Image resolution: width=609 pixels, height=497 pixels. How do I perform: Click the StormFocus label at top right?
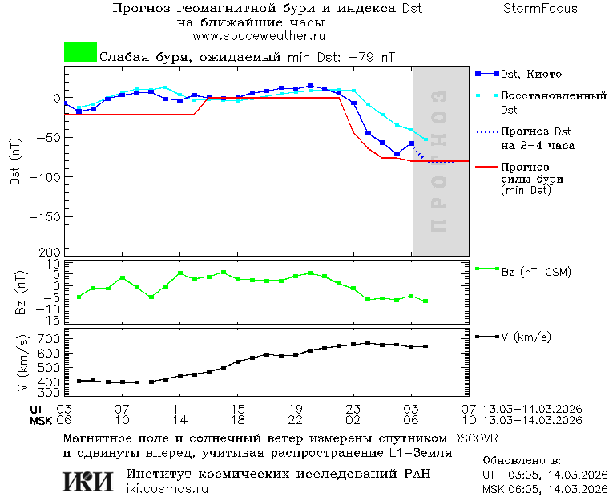[540, 9]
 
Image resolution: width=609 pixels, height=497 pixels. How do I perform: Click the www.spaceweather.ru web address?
[258, 36]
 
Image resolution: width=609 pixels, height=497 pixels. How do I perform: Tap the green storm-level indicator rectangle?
[80, 52]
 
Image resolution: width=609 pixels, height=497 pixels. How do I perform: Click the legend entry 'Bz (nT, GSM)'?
[535, 272]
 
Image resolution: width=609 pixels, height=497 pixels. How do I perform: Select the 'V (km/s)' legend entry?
[526, 337]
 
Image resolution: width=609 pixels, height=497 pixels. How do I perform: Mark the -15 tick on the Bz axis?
[50, 320]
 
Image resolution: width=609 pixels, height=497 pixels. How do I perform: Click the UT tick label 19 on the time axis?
[296, 409]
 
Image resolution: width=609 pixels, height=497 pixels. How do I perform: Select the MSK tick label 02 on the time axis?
[353, 420]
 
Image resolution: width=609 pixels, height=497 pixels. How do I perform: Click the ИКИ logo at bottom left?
[88, 481]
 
